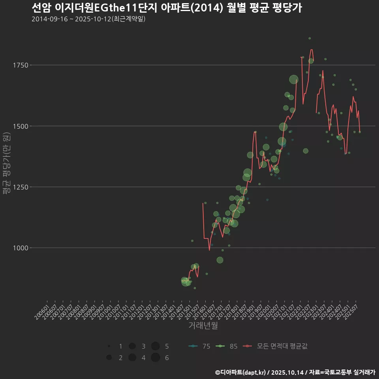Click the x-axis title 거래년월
tap(203, 326)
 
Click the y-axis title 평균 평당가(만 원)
tap(6, 163)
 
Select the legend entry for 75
tap(199, 346)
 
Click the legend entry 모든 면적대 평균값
tap(275, 346)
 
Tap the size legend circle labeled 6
tap(155, 358)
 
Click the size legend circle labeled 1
tap(109, 346)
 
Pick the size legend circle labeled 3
tap(132, 346)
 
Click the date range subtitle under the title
tap(88, 19)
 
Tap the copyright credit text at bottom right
tap(295, 372)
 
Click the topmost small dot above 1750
tap(310, 38)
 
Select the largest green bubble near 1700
tap(294, 79)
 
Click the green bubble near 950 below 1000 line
tap(220, 260)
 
